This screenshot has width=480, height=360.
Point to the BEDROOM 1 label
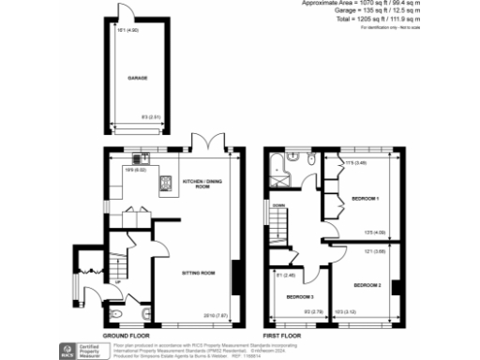point(365,199)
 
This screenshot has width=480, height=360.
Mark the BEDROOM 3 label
point(299,297)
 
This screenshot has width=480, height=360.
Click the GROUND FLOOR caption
point(122,335)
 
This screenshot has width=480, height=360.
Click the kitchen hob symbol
point(165,186)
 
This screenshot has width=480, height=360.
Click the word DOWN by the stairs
point(278,204)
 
